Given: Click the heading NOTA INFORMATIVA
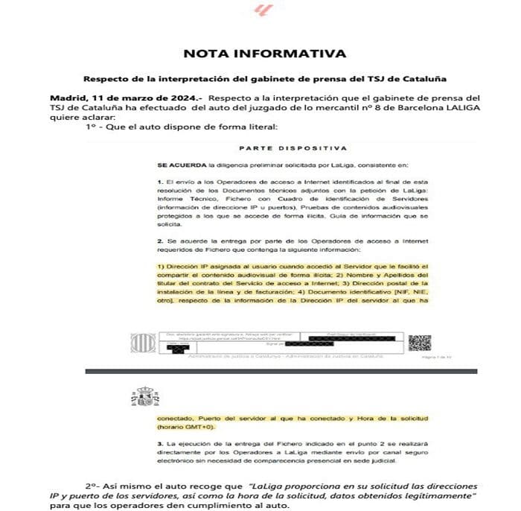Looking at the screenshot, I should coord(264,54).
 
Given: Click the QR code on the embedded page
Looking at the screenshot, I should coord(419,343).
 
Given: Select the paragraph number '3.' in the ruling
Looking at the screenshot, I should coord(160,444).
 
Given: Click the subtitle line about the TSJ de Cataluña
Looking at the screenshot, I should coord(264,78).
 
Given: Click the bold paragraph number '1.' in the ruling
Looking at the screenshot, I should coord(160,182).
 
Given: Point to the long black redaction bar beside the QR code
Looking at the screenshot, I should coord(330,343).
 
